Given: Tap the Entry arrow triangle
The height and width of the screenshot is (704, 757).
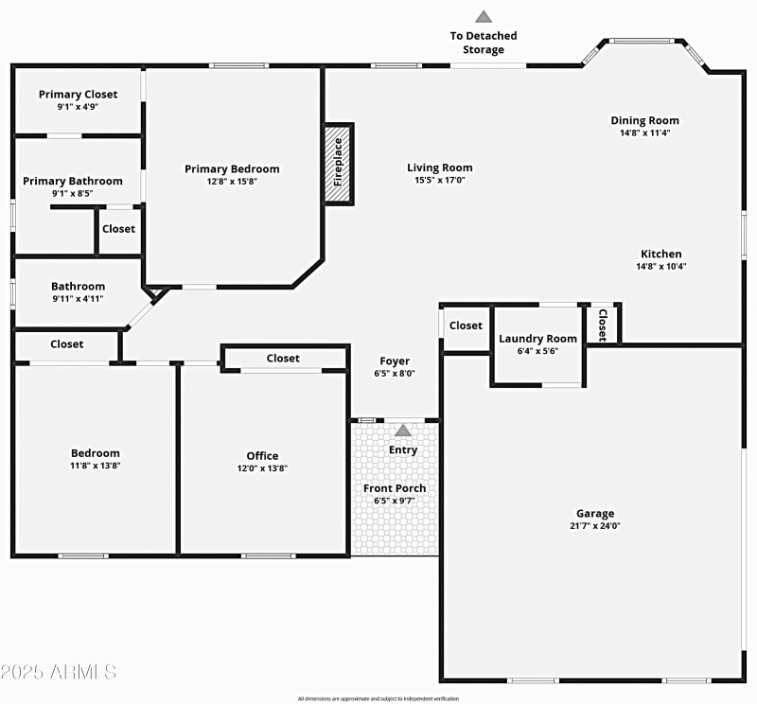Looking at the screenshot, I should pos(403,431).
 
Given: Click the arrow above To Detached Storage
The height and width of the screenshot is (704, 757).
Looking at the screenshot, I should pos(484,16).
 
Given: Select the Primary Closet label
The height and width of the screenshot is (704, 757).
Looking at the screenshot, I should pos(78,94).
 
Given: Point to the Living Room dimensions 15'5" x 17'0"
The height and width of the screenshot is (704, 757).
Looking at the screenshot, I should pos(440,180).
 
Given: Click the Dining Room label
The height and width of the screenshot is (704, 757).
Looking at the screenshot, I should pos(644,120).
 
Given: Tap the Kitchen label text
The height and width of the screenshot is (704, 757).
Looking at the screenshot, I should pos(661,254).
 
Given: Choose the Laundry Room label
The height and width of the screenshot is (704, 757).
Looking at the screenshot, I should pos(537,339).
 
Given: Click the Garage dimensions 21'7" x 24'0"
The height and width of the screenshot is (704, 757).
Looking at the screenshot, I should pos(595,526).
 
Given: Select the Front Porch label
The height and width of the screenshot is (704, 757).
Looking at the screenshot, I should pos(395,488).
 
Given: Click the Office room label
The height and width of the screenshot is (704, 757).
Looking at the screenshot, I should pos(262,456).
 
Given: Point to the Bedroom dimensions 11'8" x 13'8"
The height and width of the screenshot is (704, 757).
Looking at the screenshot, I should pos(96,466).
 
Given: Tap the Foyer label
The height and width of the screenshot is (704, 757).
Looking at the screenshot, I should pos(395,361).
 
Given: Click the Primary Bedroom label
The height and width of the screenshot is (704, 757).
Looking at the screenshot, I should pos(232,168).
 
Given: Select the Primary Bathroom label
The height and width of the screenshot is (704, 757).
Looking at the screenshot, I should pos(73,181).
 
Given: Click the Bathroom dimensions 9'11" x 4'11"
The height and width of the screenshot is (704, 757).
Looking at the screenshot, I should pos(78,299).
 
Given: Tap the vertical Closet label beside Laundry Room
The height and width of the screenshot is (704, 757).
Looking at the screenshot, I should pos(602,325).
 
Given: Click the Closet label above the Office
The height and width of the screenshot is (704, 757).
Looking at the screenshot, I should pos(283,358).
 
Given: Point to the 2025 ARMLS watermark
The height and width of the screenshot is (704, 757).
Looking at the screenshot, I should pos(59,672).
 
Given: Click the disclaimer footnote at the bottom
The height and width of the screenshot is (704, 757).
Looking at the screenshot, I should pos(378,698).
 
